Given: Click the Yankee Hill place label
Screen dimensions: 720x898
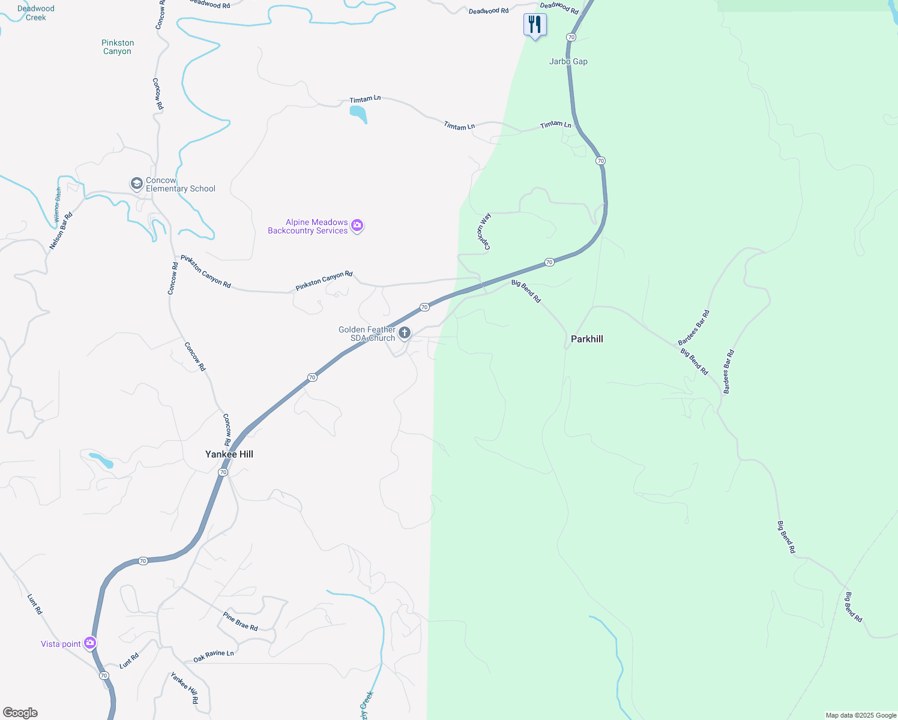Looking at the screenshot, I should tap(229, 454).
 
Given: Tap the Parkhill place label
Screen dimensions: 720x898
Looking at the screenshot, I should tap(586, 339).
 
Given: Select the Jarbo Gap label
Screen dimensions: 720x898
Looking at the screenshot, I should tap(568, 61).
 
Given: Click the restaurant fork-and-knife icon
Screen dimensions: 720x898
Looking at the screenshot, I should tap(534, 25).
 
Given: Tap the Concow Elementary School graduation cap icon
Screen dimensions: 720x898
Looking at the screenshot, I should tap(137, 183).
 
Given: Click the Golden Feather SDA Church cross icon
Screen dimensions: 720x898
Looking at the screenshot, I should tap(405, 332).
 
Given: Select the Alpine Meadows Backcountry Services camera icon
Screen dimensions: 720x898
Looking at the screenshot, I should tap(357, 226).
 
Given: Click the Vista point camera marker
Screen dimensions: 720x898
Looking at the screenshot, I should tap(90, 643).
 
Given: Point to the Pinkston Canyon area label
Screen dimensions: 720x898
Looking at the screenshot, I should tap(118, 47).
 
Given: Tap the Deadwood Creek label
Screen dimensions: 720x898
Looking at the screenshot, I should tap(36, 13).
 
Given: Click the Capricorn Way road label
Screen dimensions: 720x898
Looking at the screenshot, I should tap(484, 231).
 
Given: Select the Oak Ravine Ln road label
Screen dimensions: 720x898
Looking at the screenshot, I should tap(213, 656).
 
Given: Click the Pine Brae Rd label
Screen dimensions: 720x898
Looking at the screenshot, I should tap(240, 621).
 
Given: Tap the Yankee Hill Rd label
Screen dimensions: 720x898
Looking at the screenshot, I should tap(184, 688).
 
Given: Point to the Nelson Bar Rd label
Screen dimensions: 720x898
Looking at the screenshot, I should tap(61, 231).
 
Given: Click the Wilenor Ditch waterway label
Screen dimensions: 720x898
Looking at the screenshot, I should tap(58, 205).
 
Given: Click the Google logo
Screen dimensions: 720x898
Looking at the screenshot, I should tap(20, 713).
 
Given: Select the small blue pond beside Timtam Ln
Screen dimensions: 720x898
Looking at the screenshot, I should tap(358, 113).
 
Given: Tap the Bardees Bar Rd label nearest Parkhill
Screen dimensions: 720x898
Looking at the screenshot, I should tap(694, 328).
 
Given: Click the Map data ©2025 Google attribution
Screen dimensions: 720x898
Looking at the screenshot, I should tap(861, 715).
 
